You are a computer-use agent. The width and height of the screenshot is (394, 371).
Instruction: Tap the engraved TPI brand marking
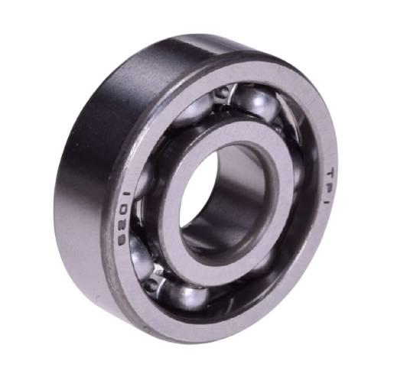click(x=331, y=185)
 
